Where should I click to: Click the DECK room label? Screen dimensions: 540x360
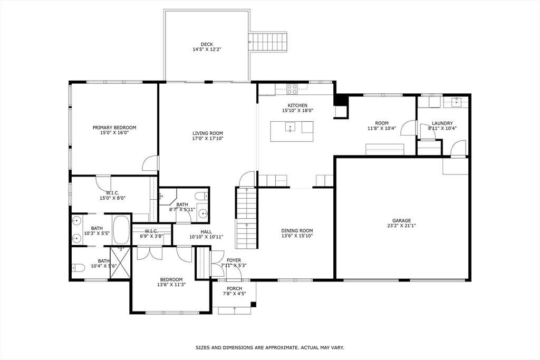[x=207, y=44]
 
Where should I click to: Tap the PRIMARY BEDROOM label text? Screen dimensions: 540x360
[x=114, y=128]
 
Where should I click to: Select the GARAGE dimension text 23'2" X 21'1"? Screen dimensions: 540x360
[x=401, y=226]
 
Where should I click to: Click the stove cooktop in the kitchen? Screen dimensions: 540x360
[x=292, y=89]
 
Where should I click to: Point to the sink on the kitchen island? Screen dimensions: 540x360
[x=291, y=127]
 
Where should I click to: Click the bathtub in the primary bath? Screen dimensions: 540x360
[x=122, y=230]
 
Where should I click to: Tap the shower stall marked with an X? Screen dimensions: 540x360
[x=120, y=262]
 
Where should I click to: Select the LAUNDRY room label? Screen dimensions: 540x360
[x=442, y=123]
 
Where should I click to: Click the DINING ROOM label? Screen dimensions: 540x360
[x=297, y=230]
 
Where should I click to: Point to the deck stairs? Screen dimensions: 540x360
[x=268, y=42]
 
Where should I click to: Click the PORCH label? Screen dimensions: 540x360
[x=234, y=288]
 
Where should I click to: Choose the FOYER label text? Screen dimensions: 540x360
[x=234, y=260]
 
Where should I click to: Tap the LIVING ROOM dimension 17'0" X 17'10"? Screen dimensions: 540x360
[x=208, y=139]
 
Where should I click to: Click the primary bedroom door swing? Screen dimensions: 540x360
[x=150, y=163]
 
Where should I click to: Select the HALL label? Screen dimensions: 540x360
[x=206, y=231]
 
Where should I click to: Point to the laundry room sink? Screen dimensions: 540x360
[x=456, y=101]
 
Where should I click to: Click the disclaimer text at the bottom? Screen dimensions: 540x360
[x=270, y=347]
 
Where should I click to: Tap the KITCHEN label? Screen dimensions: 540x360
[x=297, y=105]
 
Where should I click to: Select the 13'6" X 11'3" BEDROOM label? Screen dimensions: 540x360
[x=171, y=279]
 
